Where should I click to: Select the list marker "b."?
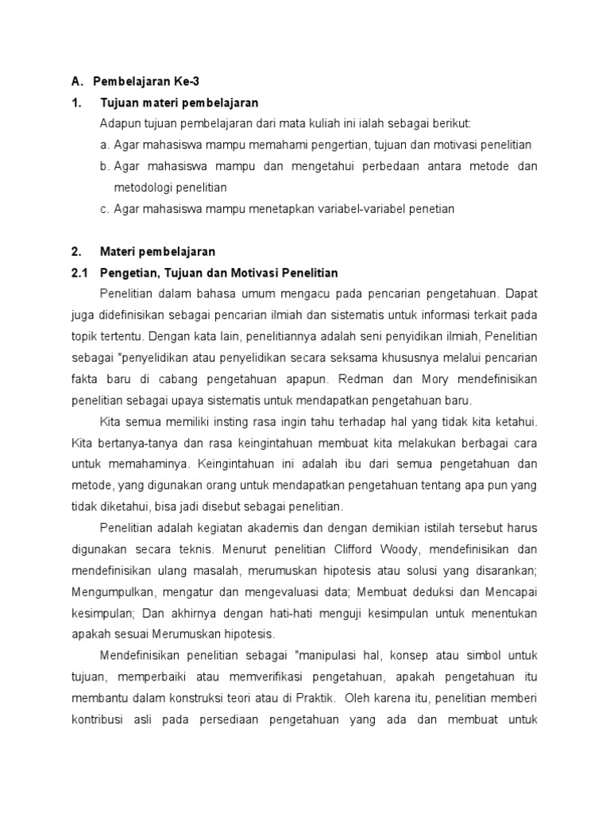point(105,166)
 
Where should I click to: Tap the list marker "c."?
point(105,209)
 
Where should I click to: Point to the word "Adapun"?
point(118,123)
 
